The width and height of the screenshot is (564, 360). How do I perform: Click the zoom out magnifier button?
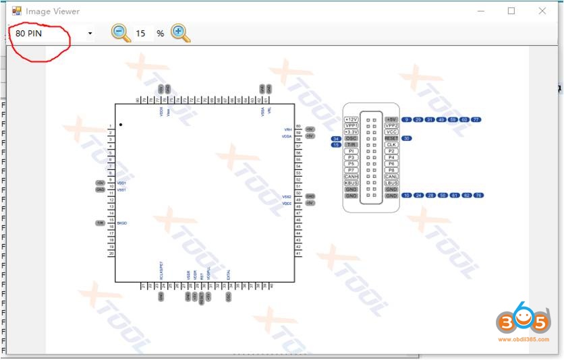click(x=120, y=32)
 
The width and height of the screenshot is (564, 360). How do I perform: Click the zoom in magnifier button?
click(x=180, y=32)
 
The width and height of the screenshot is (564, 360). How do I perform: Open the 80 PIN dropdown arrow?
click(x=90, y=33)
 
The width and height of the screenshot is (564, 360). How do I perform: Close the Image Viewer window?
click(x=542, y=11)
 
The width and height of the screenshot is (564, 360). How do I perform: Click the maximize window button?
click(x=511, y=11)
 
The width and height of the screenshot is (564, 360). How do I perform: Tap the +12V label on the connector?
click(x=351, y=119)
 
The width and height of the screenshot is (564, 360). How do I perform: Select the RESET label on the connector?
click(x=391, y=138)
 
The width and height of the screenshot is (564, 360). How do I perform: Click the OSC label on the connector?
click(x=351, y=138)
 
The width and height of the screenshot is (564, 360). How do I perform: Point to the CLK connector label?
click(x=391, y=145)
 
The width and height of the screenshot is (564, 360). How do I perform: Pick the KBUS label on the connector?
click(x=351, y=183)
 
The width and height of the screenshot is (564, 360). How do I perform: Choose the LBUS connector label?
click(x=391, y=183)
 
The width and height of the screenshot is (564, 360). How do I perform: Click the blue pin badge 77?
click(x=476, y=119)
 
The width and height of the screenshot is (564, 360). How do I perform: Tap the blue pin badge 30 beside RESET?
click(x=407, y=138)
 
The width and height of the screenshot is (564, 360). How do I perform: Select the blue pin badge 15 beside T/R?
click(x=336, y=145)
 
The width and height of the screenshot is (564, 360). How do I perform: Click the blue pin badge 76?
click(x=478, y=196)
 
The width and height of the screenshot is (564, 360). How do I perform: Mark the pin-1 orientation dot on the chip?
click(x=121, y=125)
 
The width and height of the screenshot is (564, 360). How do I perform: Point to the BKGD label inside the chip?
click(x=121, y=222)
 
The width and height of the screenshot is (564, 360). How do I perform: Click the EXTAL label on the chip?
click(x=229, y=274)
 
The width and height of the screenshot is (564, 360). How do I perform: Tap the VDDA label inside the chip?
click(x=287, y=136)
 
